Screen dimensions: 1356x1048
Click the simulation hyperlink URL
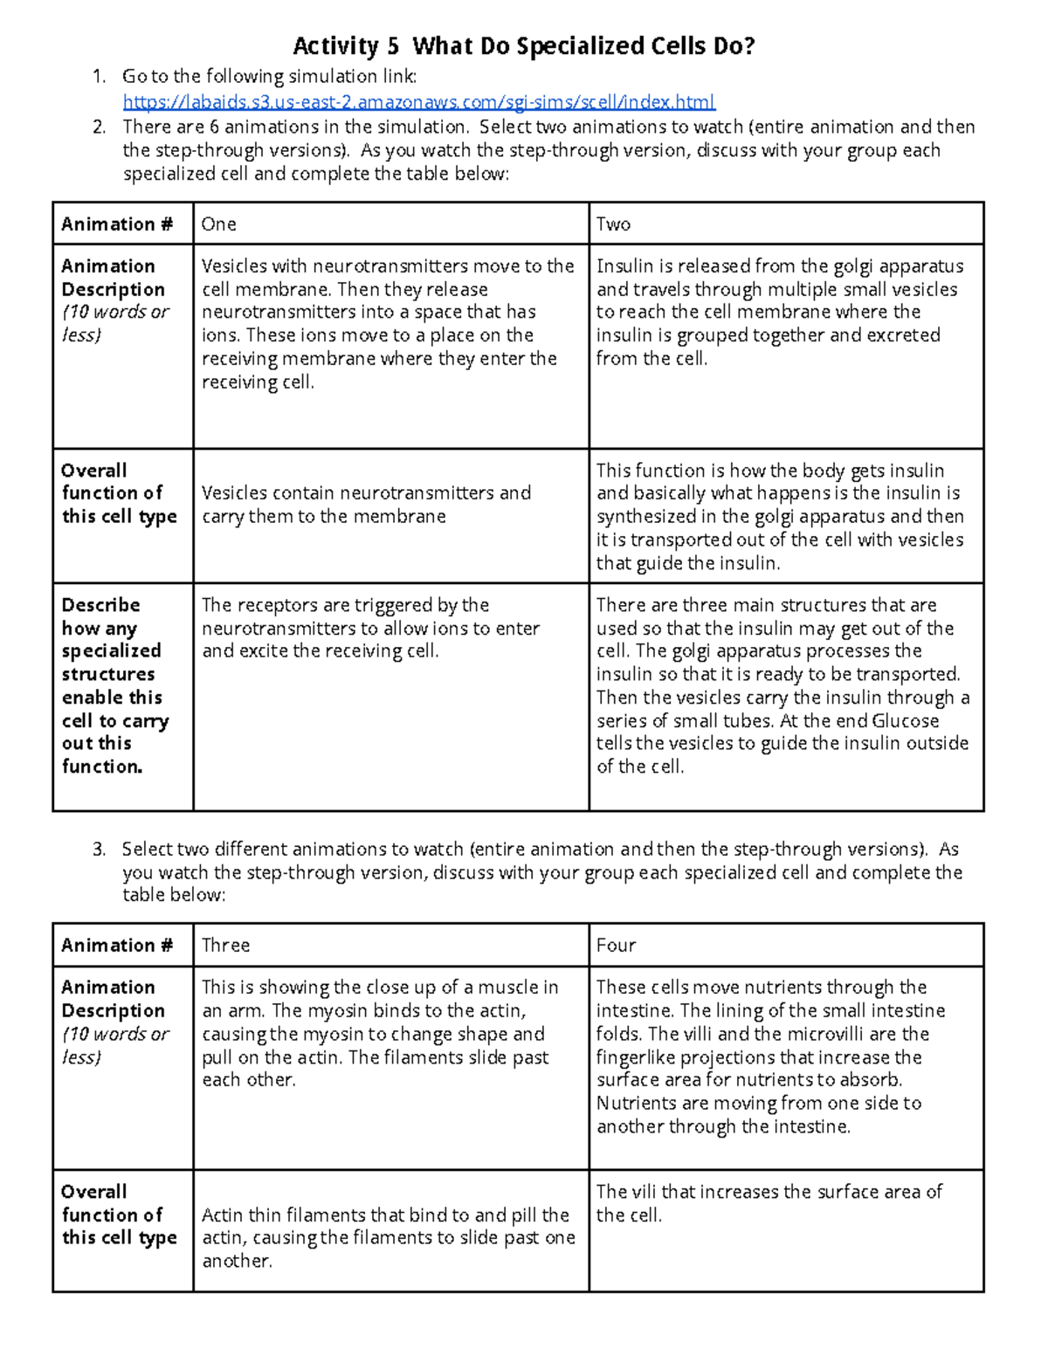(x=419, y=102)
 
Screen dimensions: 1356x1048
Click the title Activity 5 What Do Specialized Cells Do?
(x=523, y=45)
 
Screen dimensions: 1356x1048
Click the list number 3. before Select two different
(x=99, y=850)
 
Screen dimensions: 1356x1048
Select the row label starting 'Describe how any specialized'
(x=112, y=685)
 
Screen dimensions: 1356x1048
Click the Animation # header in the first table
(x=117, y=224)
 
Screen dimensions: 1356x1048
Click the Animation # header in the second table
(x=117, y=946)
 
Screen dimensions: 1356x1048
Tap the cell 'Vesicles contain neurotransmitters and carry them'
(x=367, y=505)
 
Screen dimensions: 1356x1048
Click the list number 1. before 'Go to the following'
(x=99, y=78)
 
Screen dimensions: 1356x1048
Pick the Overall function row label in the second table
(x=119, y=1215)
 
